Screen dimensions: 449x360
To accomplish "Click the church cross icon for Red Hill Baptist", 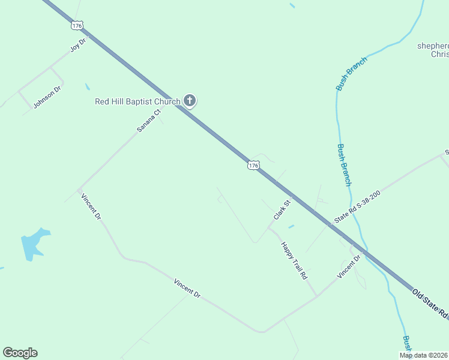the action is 190,101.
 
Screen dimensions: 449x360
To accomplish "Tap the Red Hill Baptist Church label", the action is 137,101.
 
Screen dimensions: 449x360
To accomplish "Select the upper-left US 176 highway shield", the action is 76,25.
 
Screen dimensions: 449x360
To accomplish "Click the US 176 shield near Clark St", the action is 253,164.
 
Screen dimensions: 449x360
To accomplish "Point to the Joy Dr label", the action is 79,44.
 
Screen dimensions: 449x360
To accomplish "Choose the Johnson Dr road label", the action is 47,97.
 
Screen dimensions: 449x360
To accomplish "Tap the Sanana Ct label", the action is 149,121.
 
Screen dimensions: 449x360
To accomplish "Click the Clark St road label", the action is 282,210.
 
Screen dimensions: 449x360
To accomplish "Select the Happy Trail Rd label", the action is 294,261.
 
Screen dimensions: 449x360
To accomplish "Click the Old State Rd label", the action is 430,304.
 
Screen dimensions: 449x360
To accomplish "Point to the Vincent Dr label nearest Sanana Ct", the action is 91,206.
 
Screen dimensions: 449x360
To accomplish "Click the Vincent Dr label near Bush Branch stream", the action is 348,266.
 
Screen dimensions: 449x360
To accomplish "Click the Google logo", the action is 20,353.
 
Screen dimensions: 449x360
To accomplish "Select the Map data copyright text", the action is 424,355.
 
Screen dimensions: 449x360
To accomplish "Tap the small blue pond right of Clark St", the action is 291,227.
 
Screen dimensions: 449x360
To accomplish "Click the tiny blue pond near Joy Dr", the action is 88,87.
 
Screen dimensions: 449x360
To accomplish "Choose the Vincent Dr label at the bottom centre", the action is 187,289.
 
